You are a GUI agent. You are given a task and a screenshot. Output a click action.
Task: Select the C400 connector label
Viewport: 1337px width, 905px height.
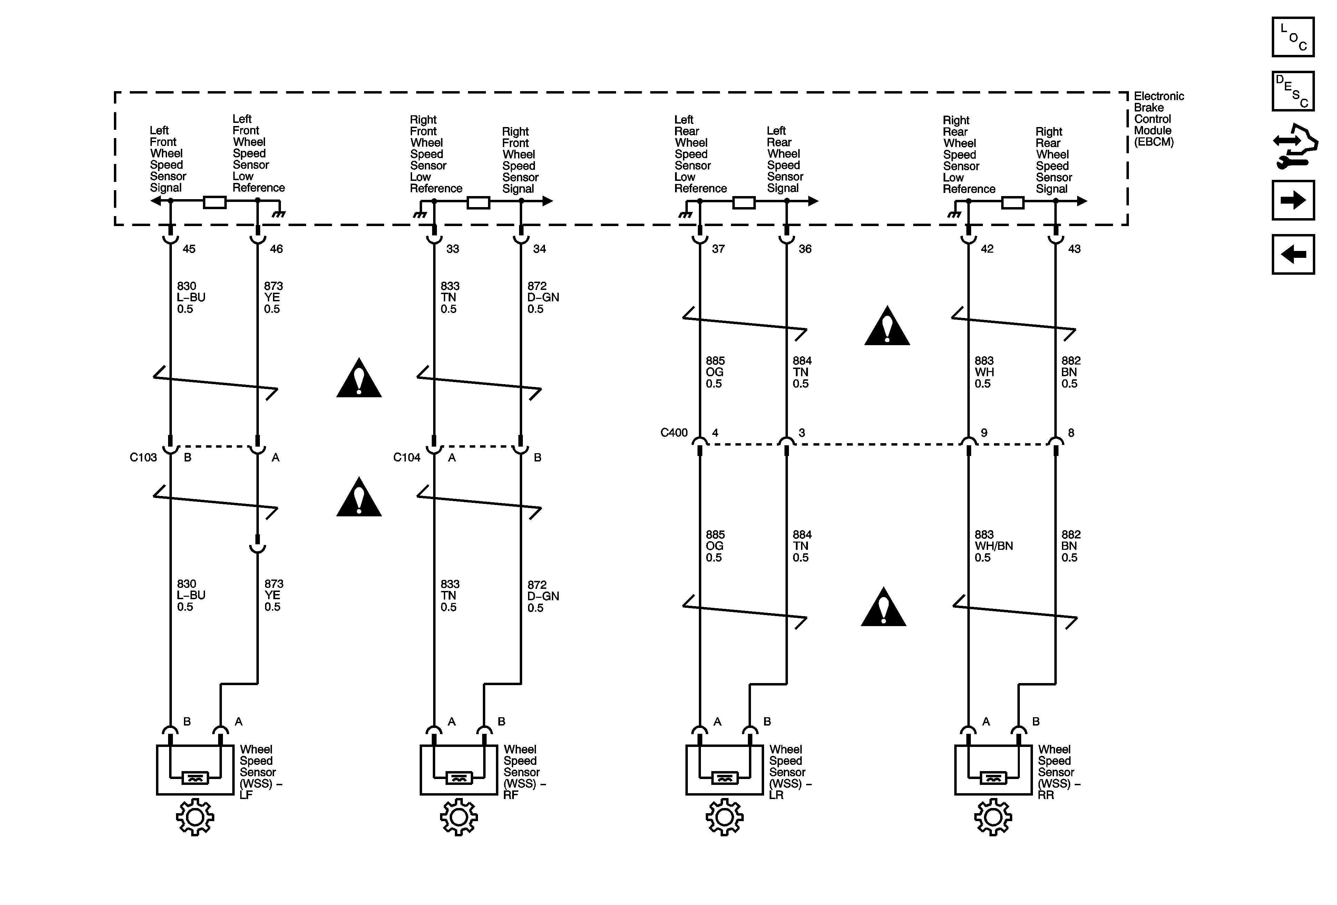pos(674,432)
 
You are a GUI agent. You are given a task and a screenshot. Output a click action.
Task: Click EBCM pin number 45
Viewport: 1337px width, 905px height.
pos(189,249)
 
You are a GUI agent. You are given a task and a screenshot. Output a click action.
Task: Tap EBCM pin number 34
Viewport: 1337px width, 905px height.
pos(539,249)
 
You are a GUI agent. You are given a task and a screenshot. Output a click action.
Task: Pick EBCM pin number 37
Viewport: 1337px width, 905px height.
pos(718,249)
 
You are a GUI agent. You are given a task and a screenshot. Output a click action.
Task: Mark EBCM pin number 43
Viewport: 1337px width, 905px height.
pos(1074,249)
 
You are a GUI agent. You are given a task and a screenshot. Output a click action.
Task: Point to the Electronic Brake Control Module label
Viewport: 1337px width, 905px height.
pos(1158,119)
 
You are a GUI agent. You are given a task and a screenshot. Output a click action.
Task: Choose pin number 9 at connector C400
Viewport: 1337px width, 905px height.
pos(984,432)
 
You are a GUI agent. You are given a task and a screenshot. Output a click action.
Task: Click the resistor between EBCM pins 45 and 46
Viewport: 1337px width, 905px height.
pos(215,202)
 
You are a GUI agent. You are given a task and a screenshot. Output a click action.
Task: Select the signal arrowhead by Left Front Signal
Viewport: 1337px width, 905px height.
pos(155,201)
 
